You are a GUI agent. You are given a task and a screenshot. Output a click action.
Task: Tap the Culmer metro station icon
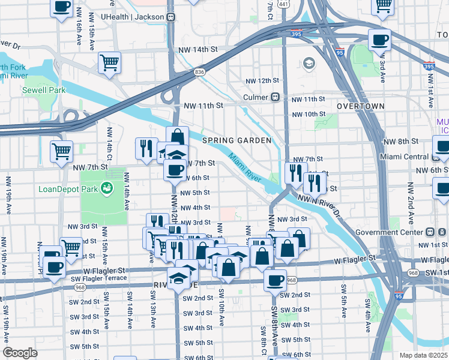tap(276, 97)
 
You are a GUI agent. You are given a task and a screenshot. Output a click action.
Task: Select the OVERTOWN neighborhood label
tap(360, 106)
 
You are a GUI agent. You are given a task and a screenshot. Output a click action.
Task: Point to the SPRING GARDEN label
tap(237, 140)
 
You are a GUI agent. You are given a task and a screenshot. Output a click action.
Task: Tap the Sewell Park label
tap(44, 90)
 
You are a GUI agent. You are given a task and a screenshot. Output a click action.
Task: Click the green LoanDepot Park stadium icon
tap(107, 190)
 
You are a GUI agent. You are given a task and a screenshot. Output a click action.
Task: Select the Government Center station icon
tap(430, 232)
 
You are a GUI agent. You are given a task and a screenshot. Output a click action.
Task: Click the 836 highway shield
tap(199, 72)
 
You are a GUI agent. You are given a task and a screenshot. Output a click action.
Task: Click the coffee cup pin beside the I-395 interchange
tap(379, 41)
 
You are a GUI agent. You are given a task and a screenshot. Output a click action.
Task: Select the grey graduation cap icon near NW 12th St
tap(309, 63)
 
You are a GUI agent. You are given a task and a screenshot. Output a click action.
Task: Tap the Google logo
tap(20, 352)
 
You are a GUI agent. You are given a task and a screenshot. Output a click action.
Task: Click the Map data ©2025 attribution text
tap(423, 355)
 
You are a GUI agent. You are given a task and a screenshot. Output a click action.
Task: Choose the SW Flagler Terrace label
tap(103, 278)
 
